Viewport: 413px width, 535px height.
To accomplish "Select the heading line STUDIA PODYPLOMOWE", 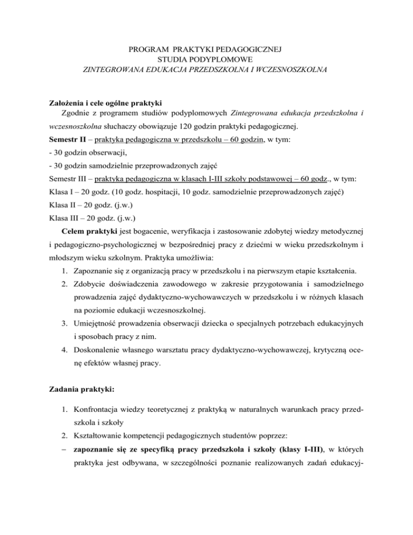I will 206,60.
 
